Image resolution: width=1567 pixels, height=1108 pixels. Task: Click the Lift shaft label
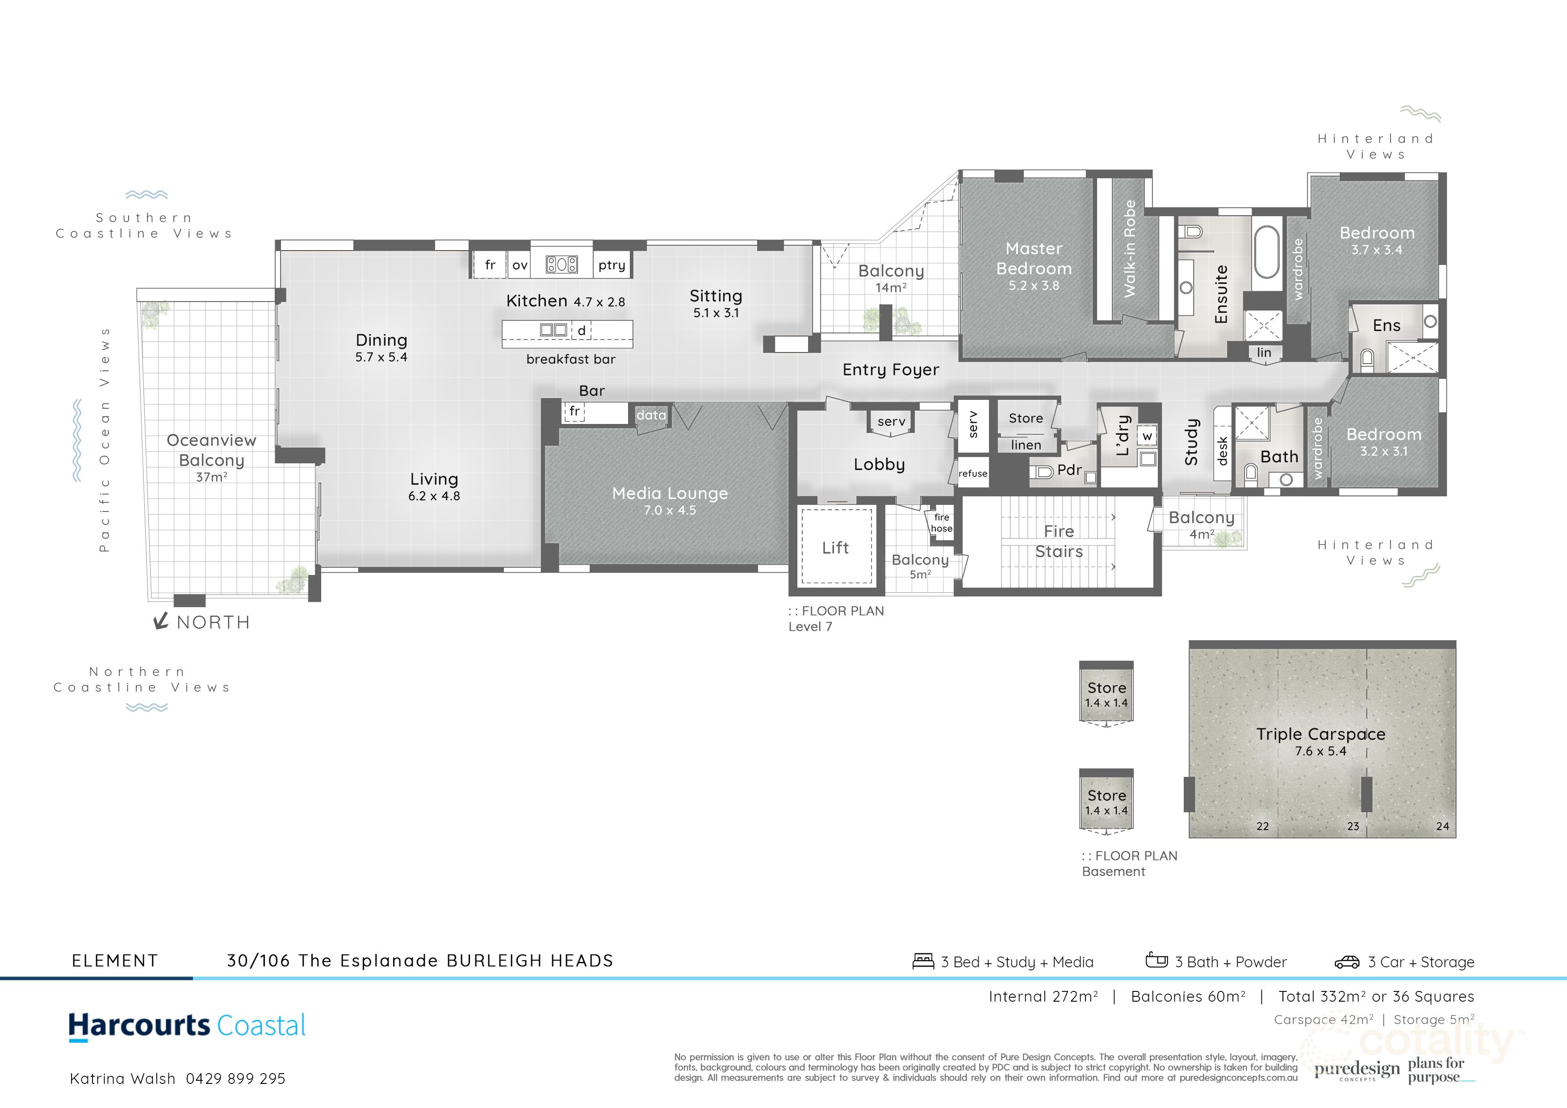[x=835, y=547]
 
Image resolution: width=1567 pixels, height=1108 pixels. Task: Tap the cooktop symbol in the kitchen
[x=561, y=264]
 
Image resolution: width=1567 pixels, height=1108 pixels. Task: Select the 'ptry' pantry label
[x=612, y=265]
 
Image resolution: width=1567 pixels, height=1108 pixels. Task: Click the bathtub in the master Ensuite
[x=1267, y=252]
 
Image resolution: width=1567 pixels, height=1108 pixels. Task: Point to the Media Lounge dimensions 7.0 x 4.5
[x=670, y=511]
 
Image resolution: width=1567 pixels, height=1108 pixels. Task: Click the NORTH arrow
[x=161, y=621]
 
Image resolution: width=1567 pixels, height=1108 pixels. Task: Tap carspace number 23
[x=1353, y=826]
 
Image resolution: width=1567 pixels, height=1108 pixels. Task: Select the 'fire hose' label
[x=941, y=523]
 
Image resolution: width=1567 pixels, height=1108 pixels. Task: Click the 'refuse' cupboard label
[x=972, y=473]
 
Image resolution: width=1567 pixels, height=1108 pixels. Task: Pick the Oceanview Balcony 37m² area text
[x=212, y=477]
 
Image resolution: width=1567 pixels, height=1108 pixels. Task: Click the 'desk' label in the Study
[x=1222, y=451]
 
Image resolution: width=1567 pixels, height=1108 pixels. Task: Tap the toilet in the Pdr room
[x=1042, y=471]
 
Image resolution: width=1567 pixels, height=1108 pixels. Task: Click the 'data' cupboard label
[x=650, y=415]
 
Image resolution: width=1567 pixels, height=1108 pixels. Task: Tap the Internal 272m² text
[x=1043, y=997]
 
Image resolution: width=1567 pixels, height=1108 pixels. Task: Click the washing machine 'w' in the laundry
[x=1147, y=436]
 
